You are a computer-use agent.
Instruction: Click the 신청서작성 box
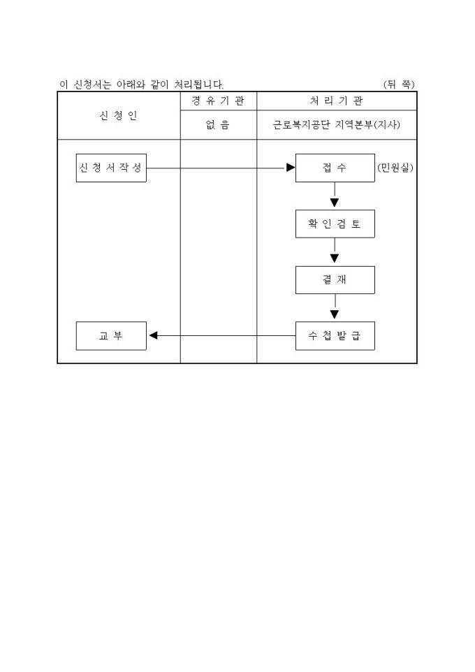point(111,168)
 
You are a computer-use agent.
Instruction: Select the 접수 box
point(335,168)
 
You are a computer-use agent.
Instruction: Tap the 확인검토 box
point(335,224)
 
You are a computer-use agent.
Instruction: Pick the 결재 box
point(335,280)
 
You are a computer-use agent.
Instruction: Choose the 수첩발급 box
point(335,336)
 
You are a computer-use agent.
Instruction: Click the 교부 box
point(111,336)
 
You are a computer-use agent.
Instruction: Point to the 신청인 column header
point(118,116)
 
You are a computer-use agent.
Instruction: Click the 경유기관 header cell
point(218,101)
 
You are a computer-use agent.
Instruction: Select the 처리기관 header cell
point(336,101)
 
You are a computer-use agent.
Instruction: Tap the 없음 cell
point(218,126)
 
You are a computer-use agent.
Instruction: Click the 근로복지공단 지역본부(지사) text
point(336,126)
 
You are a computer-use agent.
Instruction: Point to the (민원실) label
point(395,168)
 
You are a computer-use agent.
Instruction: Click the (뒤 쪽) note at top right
point(399,85)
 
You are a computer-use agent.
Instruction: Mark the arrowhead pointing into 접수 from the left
point(291,168)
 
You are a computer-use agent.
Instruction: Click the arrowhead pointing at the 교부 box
point(154,336)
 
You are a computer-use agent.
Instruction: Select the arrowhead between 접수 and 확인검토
point(335,203)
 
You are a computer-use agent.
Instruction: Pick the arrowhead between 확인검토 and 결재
point(335,258)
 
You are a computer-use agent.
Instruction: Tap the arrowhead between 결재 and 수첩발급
point(335,314)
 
